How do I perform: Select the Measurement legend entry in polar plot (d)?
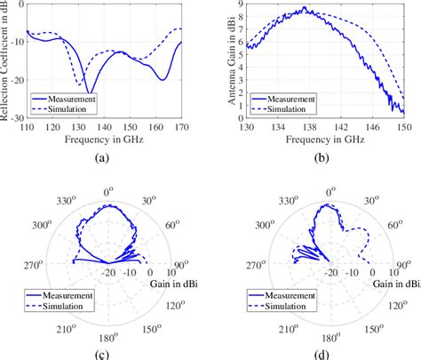282,296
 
